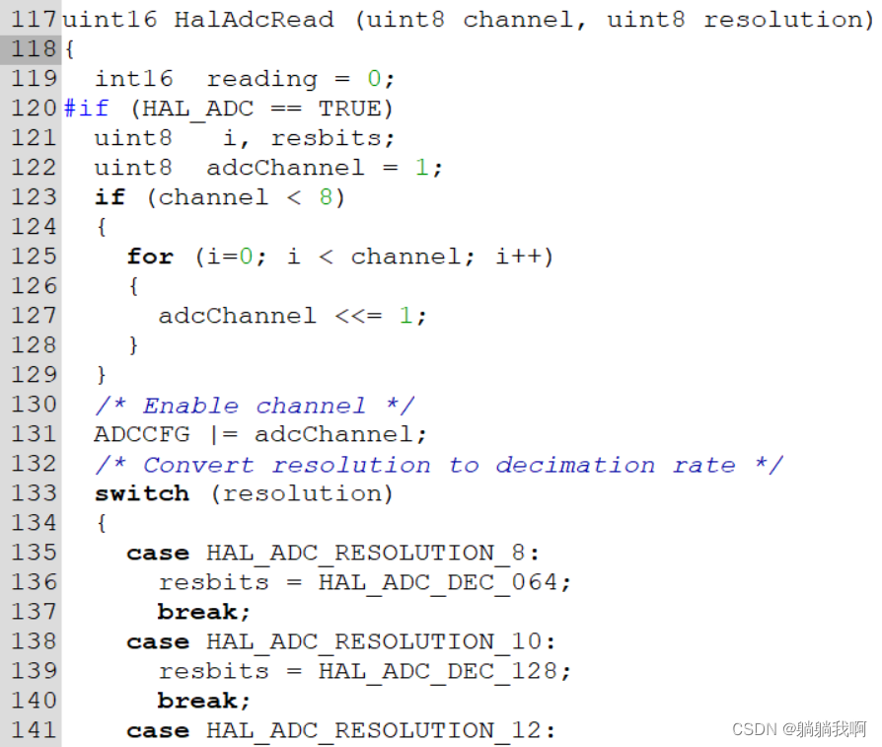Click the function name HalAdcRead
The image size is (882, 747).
pyautogui.click(x=254, y=20)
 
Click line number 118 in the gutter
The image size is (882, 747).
pyautogui.click(x=31, y=49)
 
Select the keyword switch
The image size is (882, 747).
pyautogui.click(x=141, y=493)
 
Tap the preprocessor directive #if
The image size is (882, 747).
pyautogui.click(x=86, y=109)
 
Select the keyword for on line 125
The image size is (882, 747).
pyautogui.click(x=150, y=257)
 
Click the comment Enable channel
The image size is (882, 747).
pyautogui.click(x=254, y=406)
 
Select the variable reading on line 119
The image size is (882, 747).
pyautogui.click(x=261, y=79)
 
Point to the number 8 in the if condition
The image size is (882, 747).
pyautogui.click(x=326, y=197)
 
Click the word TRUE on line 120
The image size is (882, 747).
pyautogui.click(x=350, y=109)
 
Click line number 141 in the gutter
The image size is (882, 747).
pyautogui.click(x=31, y=730)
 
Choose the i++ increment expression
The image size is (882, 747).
pyautogui.click(x=518, y=257)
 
